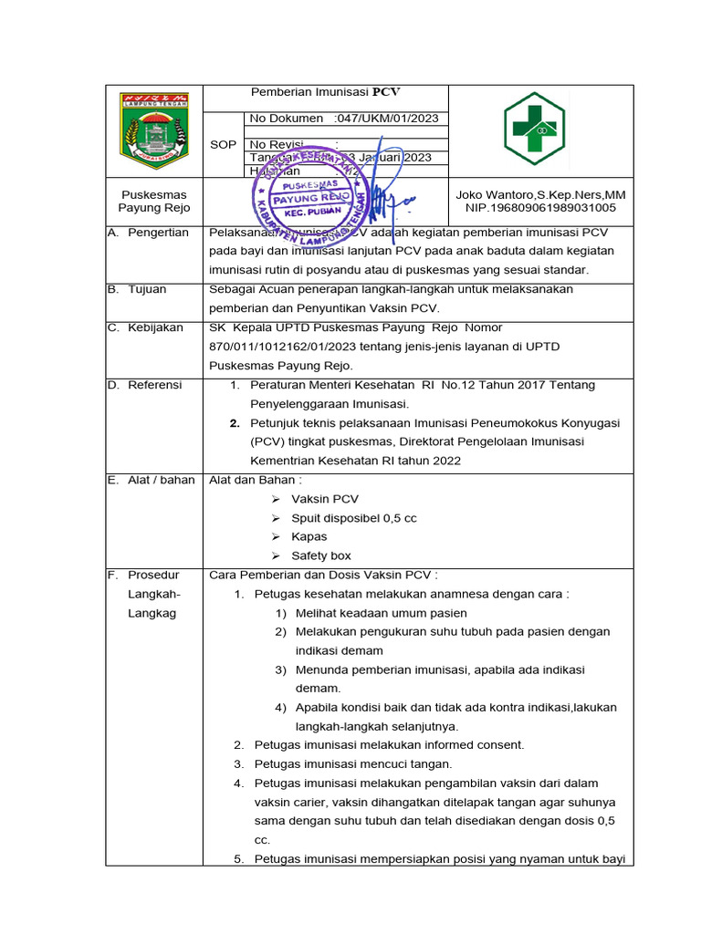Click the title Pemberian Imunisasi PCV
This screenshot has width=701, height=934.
point(326,92)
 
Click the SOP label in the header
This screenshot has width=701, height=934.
point(223,145)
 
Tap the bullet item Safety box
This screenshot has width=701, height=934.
point(320,555)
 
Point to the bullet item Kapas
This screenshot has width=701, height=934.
point(309,536)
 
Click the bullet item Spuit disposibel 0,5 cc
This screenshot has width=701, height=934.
point(353,518)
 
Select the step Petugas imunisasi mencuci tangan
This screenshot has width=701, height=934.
point(352,764)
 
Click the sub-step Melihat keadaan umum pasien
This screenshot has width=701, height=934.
point(381,613)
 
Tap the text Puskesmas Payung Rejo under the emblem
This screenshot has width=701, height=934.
point(153,202)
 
